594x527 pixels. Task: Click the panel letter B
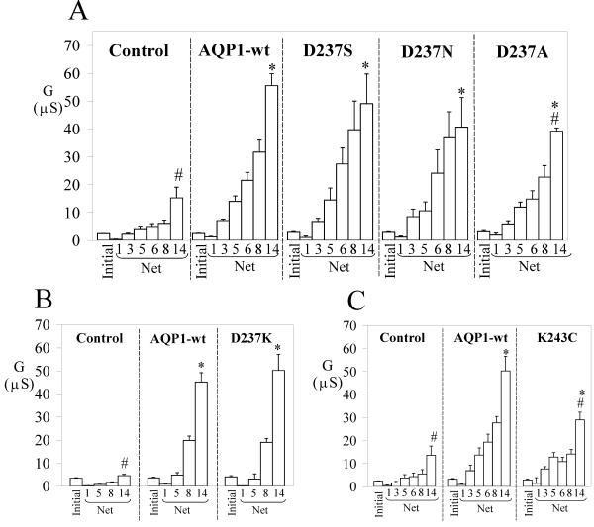[x=72, y=298]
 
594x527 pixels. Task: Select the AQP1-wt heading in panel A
[x=234, y=51]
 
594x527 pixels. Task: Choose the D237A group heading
[x=516, y=51]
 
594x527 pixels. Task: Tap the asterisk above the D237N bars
[x=461, y=92]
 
